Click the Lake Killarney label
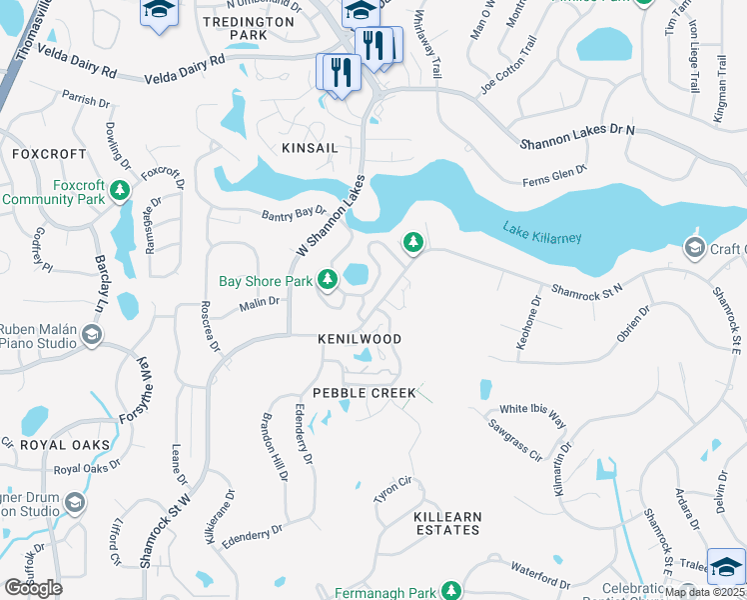542,233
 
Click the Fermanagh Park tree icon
451,591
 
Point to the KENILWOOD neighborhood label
360,339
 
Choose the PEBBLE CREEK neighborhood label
364,393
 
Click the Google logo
33,588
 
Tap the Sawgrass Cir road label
514,440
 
